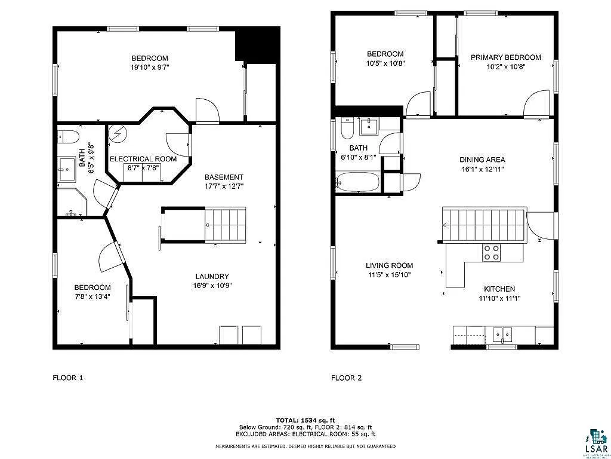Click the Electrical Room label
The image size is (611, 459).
point(143,159)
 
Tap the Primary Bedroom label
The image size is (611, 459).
point(505,57)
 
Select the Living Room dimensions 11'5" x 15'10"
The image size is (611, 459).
point(389,275)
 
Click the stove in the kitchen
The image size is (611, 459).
point(492,253)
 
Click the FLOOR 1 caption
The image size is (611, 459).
point(68,378)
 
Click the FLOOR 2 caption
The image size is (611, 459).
point(347,378)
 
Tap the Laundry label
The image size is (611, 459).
point(212,276)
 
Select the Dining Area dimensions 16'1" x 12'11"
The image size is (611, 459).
point(482,169)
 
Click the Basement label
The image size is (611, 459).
point(224,177)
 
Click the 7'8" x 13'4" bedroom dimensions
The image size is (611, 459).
point(92,296)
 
